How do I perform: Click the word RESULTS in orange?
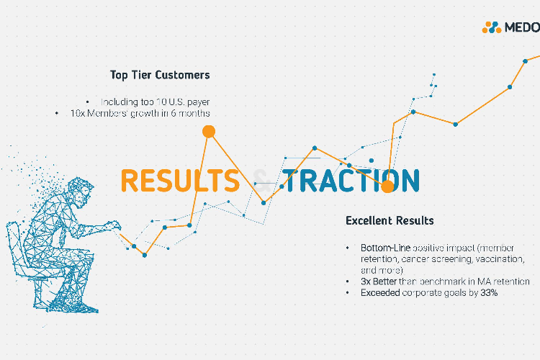[180, 180]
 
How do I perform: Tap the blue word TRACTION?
[351, 180]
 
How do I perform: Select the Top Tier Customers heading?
[160, 75]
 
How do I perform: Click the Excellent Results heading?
[390, 220]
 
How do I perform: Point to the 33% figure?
[489, 293]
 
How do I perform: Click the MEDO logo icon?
[492, 27]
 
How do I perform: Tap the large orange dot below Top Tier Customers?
[209, 131]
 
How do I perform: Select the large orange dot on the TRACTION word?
[388, 186]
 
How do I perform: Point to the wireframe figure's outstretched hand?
[114, 225]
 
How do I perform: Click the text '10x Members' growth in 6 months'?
[140, 113]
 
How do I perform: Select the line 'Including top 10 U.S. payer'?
[155, 102]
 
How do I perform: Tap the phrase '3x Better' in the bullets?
[379, 282]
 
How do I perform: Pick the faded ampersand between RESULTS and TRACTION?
[263, 181]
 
